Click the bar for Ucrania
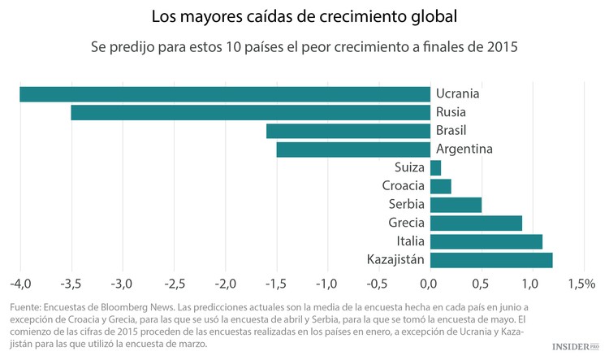225,94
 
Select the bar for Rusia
250,113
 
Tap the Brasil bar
348,131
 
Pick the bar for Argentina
353,150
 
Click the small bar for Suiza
435,168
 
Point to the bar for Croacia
440,186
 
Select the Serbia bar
456,205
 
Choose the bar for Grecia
476,223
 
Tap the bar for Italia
486,241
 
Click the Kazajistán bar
491,260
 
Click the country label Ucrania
457,93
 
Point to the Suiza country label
409,168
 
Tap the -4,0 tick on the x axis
20,284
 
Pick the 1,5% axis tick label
581,284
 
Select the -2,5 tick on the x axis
174,284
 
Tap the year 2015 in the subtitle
501,48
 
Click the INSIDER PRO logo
575,346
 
